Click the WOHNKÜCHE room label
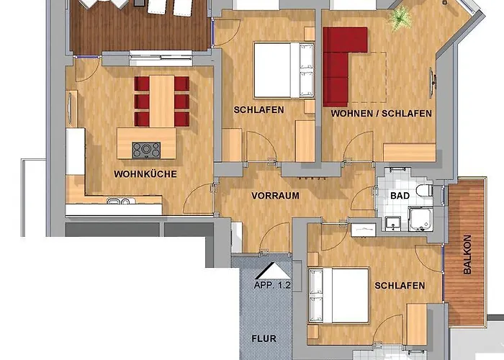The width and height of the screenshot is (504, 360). click(x=145, y=174)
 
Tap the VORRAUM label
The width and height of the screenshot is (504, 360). click(x=275, y=195)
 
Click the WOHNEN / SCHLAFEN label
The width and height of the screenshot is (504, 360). click(x=381, y=114)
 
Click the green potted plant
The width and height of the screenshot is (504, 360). click(x=398, y=19)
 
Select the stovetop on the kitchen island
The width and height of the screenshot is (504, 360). click(x=146, y=150)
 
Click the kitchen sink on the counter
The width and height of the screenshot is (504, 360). click(x=120, y=202)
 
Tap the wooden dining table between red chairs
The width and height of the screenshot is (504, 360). click(x=161, y=100)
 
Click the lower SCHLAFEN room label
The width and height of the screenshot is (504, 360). click(x=400, y=286)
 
